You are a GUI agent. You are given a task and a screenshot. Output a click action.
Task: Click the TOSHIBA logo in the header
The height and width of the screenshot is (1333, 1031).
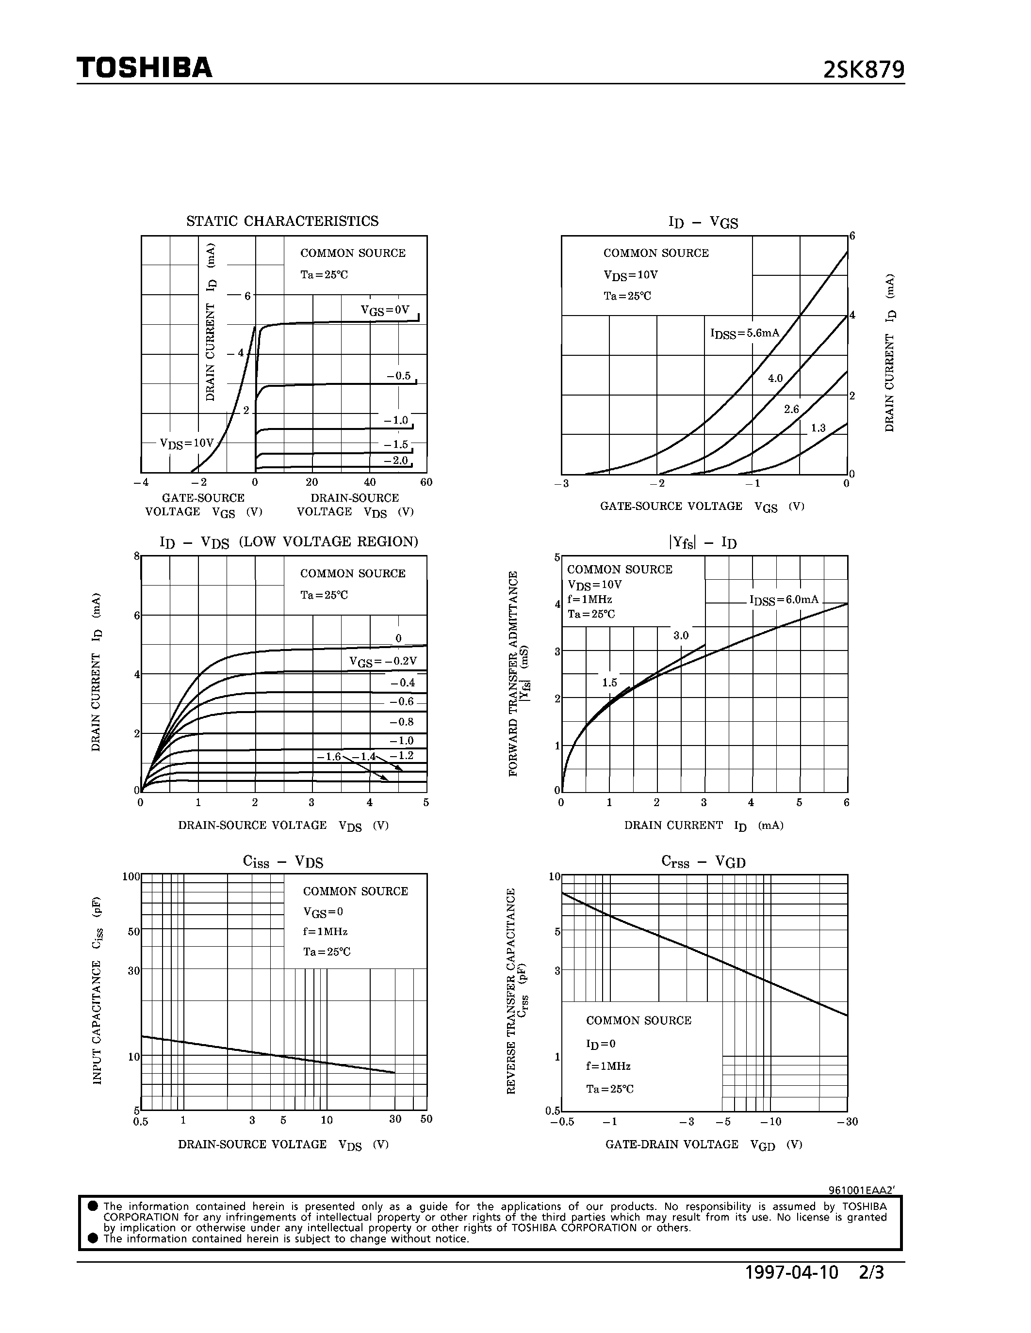(x=144, y=68)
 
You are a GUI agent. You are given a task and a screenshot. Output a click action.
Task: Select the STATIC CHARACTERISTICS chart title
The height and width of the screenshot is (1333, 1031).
(x=282, y=221)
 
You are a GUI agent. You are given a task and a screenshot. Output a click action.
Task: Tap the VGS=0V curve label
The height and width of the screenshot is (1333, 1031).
(x=385, y=311)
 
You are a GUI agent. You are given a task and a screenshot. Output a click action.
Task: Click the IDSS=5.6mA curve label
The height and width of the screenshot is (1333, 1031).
(x=745, y=334)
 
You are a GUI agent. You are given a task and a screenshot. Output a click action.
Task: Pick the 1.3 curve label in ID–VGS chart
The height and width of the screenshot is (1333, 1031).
(x=818, y=428)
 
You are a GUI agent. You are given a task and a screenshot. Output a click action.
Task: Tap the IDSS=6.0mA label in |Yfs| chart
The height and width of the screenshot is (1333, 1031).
(x=784, y=601)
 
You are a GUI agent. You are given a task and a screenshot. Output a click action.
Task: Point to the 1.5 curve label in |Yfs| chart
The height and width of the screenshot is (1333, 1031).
(x=609, y=683)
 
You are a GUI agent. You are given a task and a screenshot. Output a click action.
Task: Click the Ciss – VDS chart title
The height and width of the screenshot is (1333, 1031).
(x=283, y=862)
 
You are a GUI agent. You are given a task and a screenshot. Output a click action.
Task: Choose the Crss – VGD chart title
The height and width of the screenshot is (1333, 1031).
(x=703, y=862)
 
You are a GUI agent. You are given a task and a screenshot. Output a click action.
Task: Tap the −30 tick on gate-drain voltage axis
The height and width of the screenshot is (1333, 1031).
(x=847, y=1122)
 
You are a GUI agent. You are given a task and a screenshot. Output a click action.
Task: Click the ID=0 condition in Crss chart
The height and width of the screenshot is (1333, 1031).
(x=601, y=1044)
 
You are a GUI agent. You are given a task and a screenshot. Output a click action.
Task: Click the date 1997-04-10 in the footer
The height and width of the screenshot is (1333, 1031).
(x=792, y=1272)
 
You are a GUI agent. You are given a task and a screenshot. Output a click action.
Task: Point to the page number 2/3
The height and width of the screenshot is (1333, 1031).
(x=871, y=1272)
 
